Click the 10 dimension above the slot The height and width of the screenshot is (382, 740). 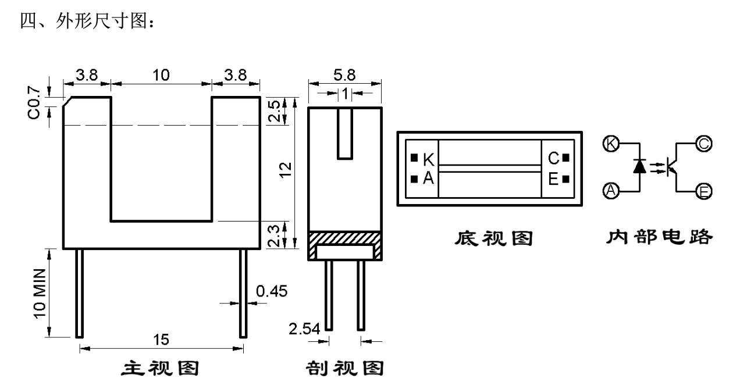click(161, 75)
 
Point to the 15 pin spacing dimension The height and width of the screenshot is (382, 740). click(161, 338)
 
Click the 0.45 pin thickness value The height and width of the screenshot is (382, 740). click(272, 291)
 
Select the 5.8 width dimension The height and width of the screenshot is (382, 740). click(344, 76)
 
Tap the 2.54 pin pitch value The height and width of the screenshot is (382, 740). click(304, 330)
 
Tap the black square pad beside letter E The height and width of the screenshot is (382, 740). click(565, 178)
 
